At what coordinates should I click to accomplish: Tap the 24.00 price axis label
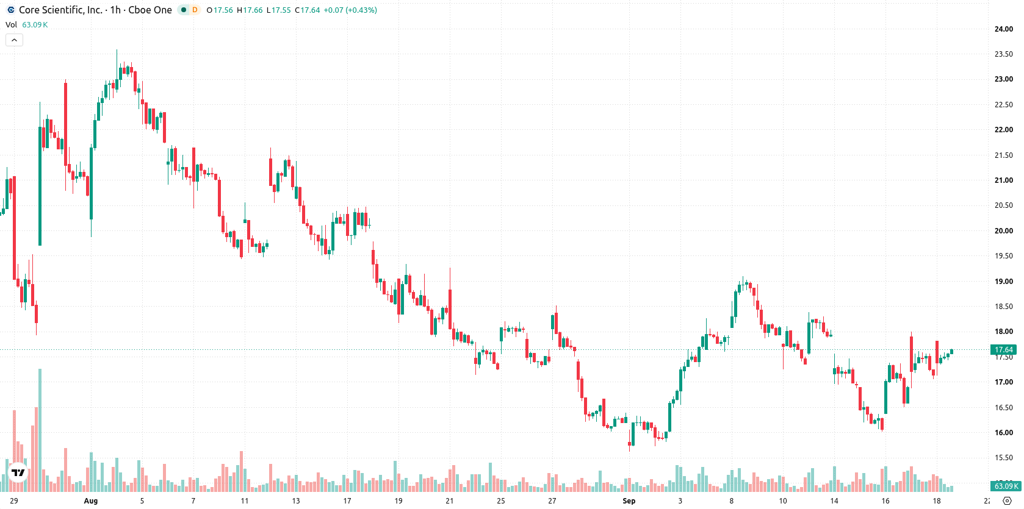(x=1003, y=29)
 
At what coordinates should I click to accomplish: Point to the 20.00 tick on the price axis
(x=1003, y=231)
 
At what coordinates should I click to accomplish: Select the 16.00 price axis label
(x=1003, y=433)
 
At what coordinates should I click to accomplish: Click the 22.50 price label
(x=1003, y=105)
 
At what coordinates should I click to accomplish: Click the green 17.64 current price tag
(x=1003, y=350)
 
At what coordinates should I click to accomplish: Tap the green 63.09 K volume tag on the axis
(x=1006, y=486)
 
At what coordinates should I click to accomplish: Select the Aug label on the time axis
(x=91, y=501)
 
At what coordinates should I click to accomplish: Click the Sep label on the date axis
(x=629, y=501)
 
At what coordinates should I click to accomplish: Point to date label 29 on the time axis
(x=13, y=501)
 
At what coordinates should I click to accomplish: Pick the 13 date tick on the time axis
(x=296, y=501)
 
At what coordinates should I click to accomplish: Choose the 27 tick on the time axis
(x=552, y=501)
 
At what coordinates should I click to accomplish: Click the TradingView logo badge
(x=18, y=472)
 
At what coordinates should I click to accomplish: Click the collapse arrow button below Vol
(x=14, y=40)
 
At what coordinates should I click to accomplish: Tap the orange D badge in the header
(x=195, y=10)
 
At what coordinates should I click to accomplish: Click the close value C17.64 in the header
(x=307, y=10)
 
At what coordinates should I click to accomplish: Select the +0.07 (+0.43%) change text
(x=350, y=10)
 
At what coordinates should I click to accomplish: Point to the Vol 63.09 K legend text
(x=26, y=24)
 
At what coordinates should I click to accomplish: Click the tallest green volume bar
(x=40, y=430)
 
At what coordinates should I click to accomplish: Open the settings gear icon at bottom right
(x=1007, y=501)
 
